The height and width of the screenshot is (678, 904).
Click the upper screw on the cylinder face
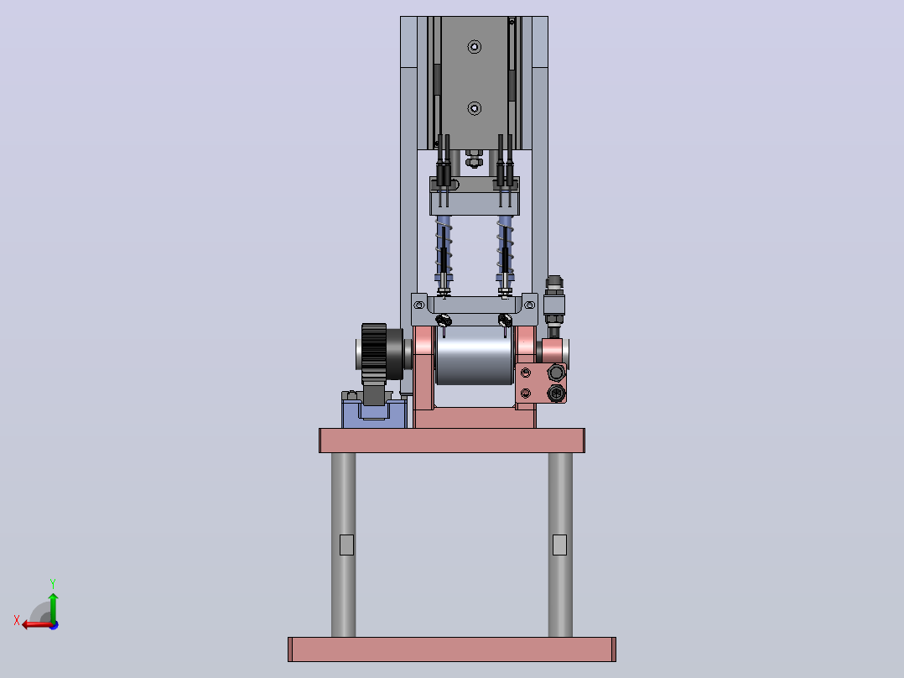click(475, 47)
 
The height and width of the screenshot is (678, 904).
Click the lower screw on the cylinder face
click(475, 108)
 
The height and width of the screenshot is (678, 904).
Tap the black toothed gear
click(374, 354)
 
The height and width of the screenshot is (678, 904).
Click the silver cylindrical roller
click(475, 355)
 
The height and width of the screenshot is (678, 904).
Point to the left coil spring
click(444, 247)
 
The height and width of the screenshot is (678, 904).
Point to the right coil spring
click(505, 247)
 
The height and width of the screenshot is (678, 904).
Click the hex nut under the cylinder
click(474, 158)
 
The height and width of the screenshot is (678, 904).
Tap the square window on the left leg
click(346, 545)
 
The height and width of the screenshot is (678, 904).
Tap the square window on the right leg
click(560, 545)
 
